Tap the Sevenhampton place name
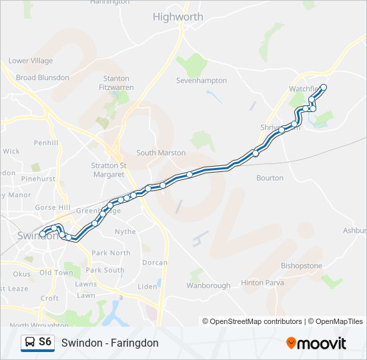click(x=202, y=81)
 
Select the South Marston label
click(x=161, y=153)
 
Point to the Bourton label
click(x=270, y=178)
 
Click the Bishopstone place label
click(x=302, y=265)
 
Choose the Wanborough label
click(x=208, y=285)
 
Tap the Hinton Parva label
click(x=262, y=283)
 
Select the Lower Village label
click(x=31, y=61)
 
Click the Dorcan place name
click(x=155, y=263)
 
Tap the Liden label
click(x=147, y=287)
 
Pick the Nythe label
click(x=125, y=232)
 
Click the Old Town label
click(x=55, y=273)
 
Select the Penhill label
click(x=47, y=143)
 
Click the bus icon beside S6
click(x=30, y=342)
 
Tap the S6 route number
click(x=45, y=342)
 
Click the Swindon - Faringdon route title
click(x=109, y=343)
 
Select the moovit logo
click(x=316, y=343)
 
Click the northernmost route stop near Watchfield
click(x=324, y=87)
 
